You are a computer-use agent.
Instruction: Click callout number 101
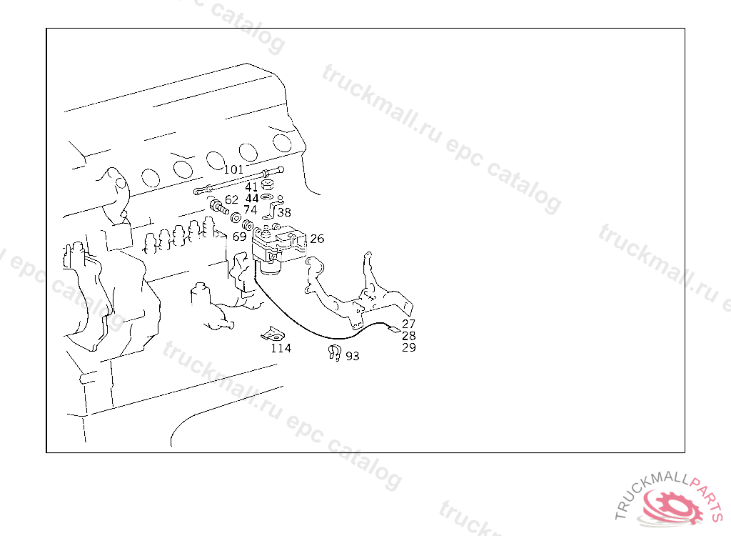click(233, 169)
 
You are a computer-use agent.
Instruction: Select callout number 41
click(251, 187)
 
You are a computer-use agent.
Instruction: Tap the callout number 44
click(252, 199)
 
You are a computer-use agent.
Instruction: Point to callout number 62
click(231, 200)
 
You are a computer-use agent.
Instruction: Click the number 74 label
click(251, 210)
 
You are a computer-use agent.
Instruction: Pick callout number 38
click(284, 212)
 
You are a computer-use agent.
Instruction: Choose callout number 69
click(239, 237)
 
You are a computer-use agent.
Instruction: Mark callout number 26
click(317, 239)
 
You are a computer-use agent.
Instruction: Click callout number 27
click(409, 324)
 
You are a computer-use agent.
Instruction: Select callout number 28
click(409, 336)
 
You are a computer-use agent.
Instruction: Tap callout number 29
click(409, 347)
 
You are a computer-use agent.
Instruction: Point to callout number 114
click(281, 348)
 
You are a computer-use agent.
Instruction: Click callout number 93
click(353, 356)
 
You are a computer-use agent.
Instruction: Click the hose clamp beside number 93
click(335, 352)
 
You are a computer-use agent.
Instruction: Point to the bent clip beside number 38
click(273, 208)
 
